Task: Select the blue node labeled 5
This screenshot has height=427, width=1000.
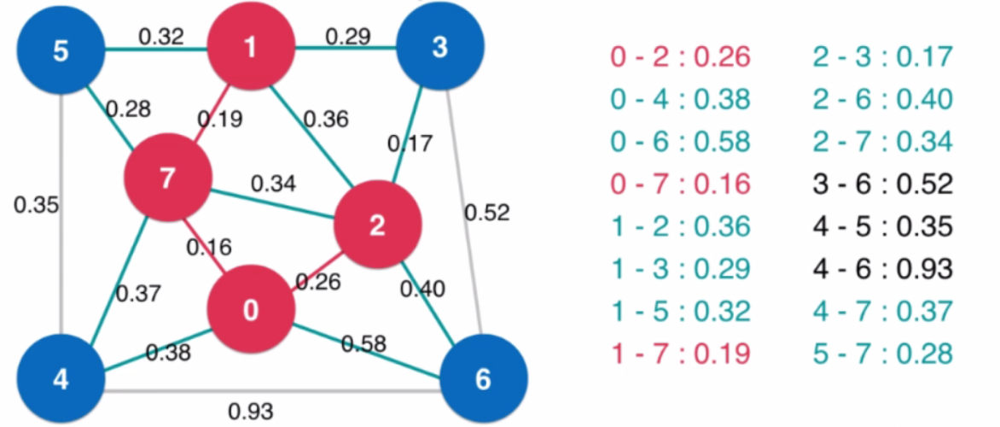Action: coord(61,50)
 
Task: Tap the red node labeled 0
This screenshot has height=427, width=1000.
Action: coord(251,310)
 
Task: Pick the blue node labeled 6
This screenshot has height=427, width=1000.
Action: coord(484,379)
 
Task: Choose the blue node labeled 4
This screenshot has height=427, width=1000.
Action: coord(61,379)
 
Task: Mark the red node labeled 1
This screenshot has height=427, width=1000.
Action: coord(251,47)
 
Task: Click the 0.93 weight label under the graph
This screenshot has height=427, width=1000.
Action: coord(251,411)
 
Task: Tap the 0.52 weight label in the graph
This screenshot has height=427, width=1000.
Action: coord(486,213)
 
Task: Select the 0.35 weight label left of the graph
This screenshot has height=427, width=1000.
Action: coord(36,206)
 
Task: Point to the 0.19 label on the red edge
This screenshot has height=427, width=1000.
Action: coord(220,119)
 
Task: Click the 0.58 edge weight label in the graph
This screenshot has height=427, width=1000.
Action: coord(363,344)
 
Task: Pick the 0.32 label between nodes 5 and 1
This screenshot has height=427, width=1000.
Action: coord(161,37)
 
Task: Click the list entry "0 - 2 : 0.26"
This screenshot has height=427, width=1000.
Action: coord(681,57)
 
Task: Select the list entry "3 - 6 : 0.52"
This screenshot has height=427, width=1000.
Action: coord(882,184)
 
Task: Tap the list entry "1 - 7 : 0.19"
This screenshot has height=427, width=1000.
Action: coord(681,353)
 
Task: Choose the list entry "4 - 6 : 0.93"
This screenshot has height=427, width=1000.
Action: coord(882,269)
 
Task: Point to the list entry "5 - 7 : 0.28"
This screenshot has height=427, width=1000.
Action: coord(882,353)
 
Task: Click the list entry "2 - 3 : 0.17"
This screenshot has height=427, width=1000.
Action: coord(882,57)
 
